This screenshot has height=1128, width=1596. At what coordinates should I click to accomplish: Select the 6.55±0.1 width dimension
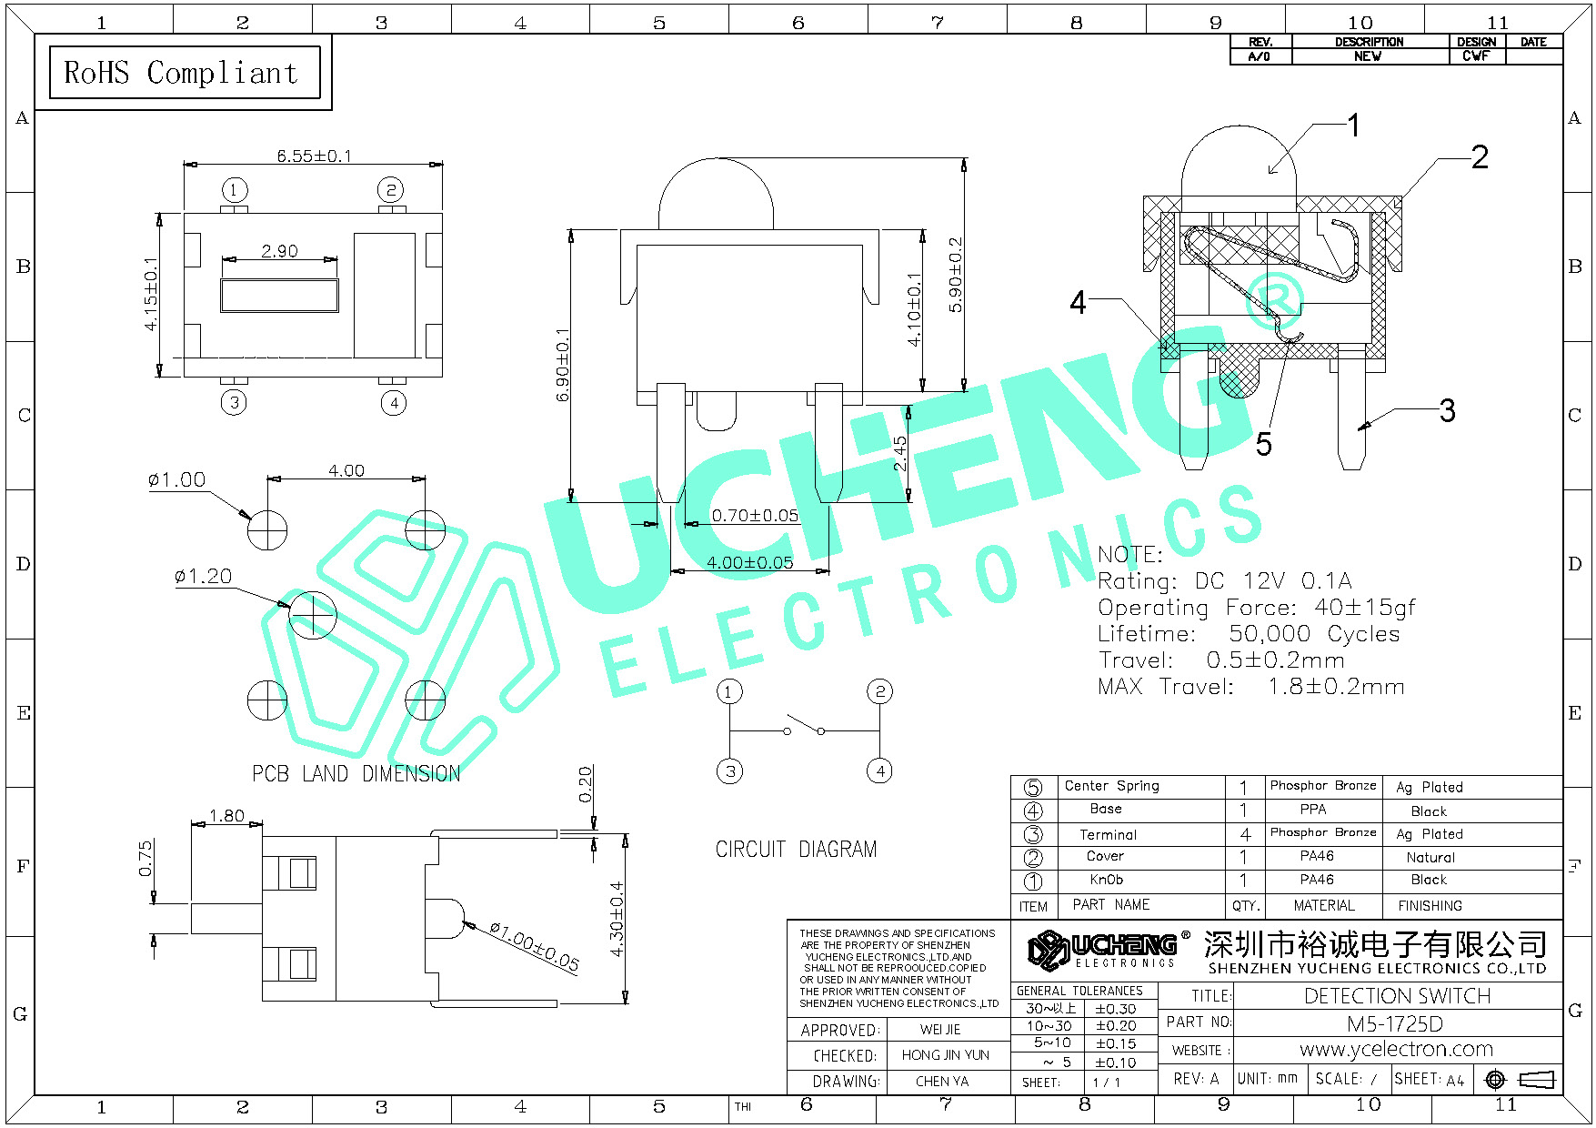click(x=315, y=156)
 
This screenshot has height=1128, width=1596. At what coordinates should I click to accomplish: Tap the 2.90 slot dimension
click(x=279, y=251)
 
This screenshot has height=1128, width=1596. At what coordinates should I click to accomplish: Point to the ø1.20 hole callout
click(x=203, y=576)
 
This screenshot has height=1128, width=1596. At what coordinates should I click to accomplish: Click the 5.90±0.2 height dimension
click(x=955, y=275)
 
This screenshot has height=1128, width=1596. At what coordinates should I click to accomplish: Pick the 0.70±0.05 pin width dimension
click(x=755, y=516)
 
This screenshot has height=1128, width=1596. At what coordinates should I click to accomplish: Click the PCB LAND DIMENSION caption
click(x=356, y=773)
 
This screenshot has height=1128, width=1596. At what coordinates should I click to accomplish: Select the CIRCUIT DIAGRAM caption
click(x=797, y=849)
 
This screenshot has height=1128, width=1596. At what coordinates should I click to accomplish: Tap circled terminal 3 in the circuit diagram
click(x=730, y=771)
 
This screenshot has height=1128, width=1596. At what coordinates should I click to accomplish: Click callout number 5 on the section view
click(x=1264, y=444)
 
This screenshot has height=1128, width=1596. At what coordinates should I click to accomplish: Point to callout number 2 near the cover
click(x=1480, y=157)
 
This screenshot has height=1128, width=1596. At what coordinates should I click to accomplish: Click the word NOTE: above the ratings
click(x=1130, y=554)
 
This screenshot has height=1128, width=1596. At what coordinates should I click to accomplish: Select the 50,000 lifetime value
click(x=1270, y=634)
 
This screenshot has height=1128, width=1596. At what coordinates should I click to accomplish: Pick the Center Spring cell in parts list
click(x=1111, y=786)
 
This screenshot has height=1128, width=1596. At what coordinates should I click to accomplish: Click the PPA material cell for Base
click(x=1313, y=810)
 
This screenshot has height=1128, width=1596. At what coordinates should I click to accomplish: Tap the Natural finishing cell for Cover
click(x=1430, y=857)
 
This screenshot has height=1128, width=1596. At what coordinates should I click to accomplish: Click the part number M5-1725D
click(x=1395, y=1023)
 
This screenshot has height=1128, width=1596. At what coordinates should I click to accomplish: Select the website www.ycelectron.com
click(x=1397, y=1049)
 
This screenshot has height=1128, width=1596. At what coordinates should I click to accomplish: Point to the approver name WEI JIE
click(x=940, y=1030)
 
